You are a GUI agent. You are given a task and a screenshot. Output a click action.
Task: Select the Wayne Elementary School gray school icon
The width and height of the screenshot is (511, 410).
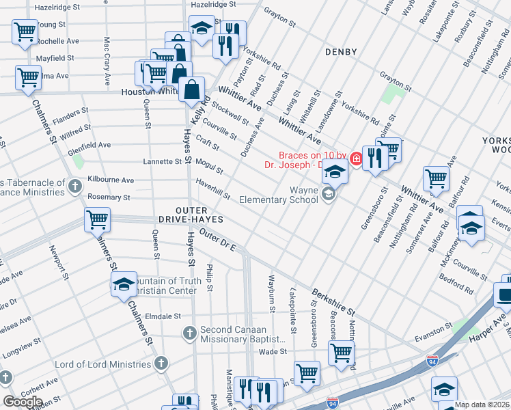coord(329,196)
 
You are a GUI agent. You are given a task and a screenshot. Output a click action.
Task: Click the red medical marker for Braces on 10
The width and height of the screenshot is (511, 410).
coord(356,159)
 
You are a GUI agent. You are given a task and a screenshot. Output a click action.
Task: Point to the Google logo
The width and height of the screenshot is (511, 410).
coord(22,402)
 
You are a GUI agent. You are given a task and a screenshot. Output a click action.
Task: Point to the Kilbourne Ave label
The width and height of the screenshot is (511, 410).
coord(111,180)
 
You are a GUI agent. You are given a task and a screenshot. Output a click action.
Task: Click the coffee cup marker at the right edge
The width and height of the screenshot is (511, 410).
coord(505,295)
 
